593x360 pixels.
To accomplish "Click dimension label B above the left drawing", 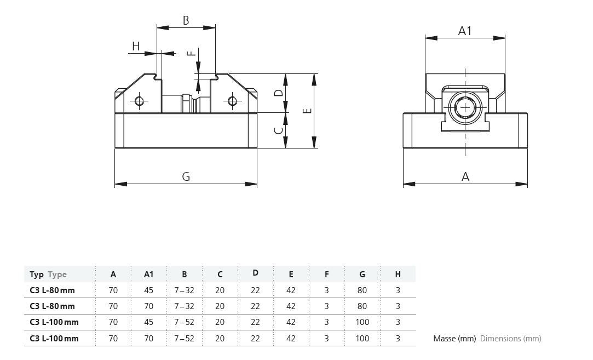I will pyautogui.click(x=186, y=21).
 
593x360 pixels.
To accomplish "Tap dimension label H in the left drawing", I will pyautogui.click(x=136, y=47).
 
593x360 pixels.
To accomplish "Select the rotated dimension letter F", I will pyautogui.click(x=190, y=53).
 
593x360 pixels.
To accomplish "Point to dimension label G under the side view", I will pyautogui.click(x=186, y=176).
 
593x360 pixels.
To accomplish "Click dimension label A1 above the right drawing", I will pyautogui.click(x=465, y=31).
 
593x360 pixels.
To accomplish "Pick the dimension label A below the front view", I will pyautogui.click(x=465, y=176).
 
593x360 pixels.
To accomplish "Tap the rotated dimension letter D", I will pyautogui.click(x=279, y=93).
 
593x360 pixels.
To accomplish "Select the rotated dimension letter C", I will pyautogui.click(x=279, y=130).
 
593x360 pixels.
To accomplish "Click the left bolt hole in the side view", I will pyautogui.click(x=139, y=101).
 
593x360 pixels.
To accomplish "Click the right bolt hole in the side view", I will pyautogui.click(x=233, y=101).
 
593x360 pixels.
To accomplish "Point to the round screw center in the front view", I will pyautogui.click(x=465, y=108).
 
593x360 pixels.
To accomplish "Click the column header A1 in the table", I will pyautogui.click(x=148, y=274).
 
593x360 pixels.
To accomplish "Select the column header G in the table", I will pyautogui.click(x=362, y=274).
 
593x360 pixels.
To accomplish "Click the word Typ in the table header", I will pyautogui.click(x=37, y=274).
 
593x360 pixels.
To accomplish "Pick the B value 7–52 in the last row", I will pyautogui.click(x=184, y=339).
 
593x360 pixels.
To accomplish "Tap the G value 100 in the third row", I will pyautogui.click(x=362, y=322).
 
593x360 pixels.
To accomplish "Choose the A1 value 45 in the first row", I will pyautogui.click(x=148, y=290).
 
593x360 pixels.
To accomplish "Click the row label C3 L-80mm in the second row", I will pyautogui.click(x=52, y=306).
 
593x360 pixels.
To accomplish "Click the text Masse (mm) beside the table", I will pyautogui.click(x=454, y=339).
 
